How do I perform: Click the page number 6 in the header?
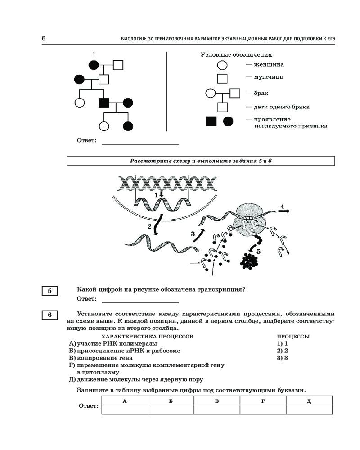pos(44,38)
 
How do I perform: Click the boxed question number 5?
pos(49,291)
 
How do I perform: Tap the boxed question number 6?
pos(49,315)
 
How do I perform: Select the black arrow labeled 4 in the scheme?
pos(283,211)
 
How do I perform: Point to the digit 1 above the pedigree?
pos(94,54)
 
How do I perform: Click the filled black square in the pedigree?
pos(103,103)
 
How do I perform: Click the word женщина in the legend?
pos(269,64)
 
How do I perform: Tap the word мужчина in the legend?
pos(268,77)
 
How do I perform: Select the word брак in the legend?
pos(261,93)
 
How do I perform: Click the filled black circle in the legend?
pos(228,121)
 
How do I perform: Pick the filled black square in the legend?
pos(211,121)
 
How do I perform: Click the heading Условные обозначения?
pos(236,54)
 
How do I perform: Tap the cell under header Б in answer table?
pos(171,409)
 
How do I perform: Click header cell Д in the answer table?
pos(309,401)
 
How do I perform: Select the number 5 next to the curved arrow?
pos(258,252)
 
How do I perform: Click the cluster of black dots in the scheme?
pos(249,261)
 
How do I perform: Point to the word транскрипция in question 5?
pos(221,289)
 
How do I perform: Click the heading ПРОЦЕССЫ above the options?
pos(293,336)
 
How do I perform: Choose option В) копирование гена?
pos(100,358)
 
